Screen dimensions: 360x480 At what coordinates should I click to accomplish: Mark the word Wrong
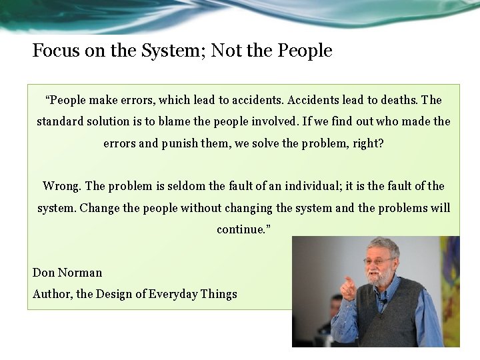pos(62,186)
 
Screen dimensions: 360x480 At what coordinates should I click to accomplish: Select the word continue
pos(241,229)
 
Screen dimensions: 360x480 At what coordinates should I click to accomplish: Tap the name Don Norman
pos(67,273)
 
